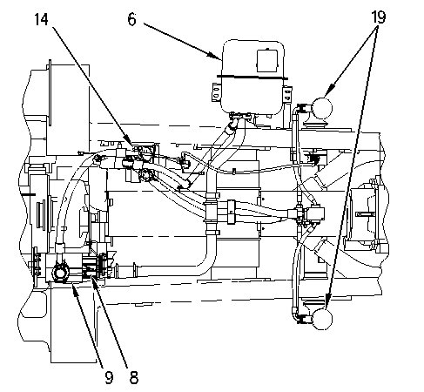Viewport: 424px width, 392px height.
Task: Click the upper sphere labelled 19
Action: click(322, 108)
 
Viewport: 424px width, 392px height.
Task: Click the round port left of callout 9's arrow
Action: click(61, 274)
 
